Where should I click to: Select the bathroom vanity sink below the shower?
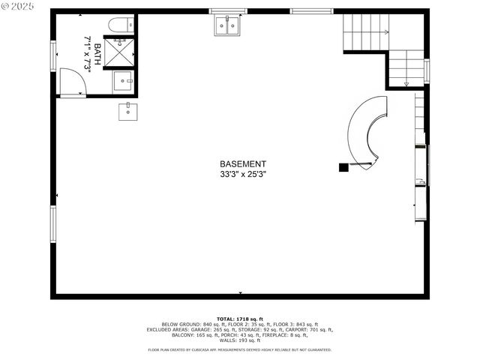(122, 80)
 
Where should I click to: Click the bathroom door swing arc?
(73, 81)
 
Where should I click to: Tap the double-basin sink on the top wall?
(227, 26)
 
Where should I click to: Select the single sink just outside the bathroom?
(127, 112)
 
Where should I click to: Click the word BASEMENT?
(242, 163)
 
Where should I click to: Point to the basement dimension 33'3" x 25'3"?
(242, 174)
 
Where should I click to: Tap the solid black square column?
(343, 167)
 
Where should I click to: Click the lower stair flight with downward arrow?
(406, 68)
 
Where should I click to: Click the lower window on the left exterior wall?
(53, 224)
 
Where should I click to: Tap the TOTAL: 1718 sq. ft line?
(239, 319)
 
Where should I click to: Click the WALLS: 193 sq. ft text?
(239, 340)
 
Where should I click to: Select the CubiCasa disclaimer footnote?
(239, 349)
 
